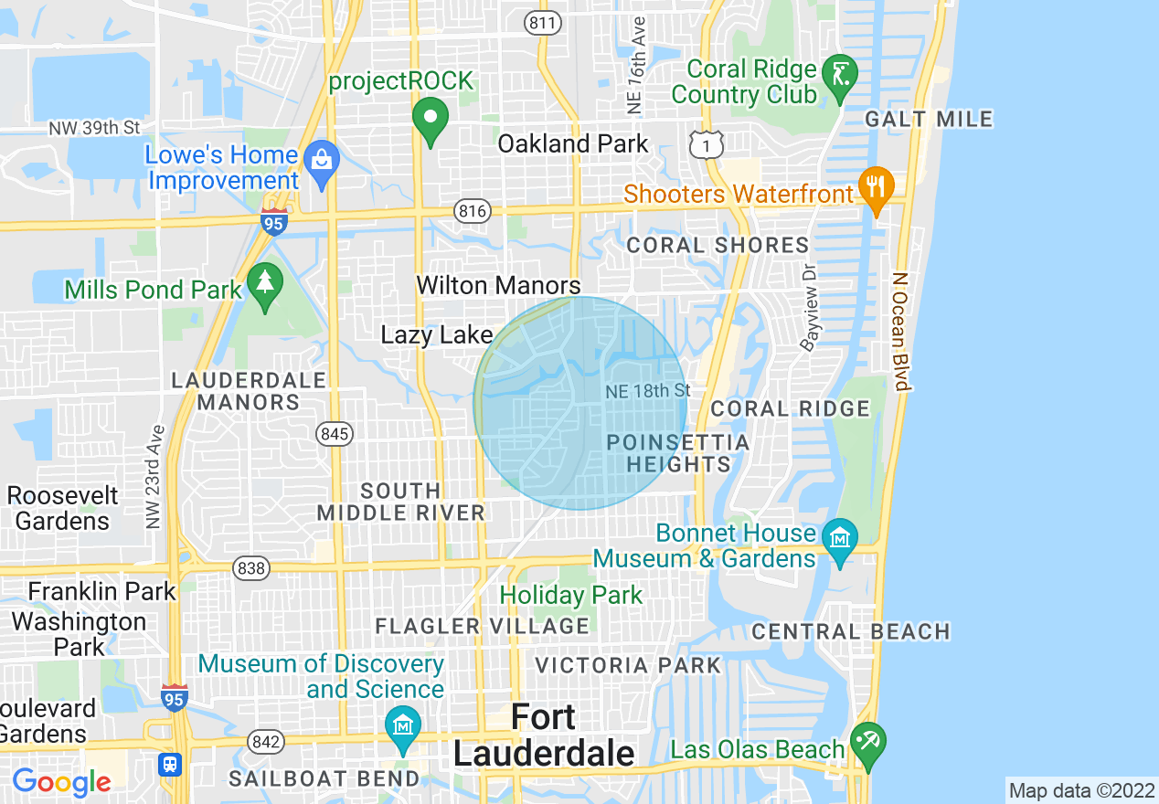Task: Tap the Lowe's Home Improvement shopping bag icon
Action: tap(321, 162)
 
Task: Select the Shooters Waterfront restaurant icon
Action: tap(877, 187)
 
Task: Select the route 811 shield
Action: tap(543, 24)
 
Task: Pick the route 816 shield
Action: tap(473, 212)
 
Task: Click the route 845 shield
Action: tap(335, 434)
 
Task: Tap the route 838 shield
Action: tap(251, 568)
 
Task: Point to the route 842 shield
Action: tap(265, 742)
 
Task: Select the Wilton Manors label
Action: tap(498, 285)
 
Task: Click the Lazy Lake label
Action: tap(437, 335)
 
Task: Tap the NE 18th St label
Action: tap(647, 391)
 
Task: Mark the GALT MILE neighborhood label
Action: tap(929, 119)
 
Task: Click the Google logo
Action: tap(61, 781)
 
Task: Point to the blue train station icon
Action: tap(169, 764)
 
